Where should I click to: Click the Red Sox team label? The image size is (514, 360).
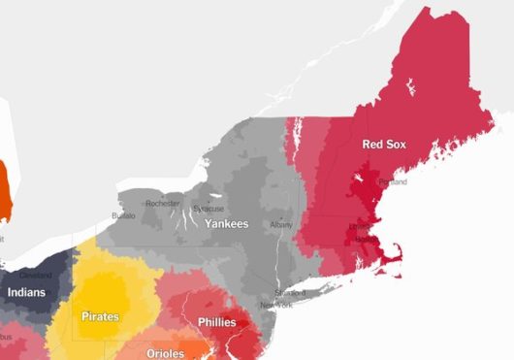383,145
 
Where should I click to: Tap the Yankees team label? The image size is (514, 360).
226,224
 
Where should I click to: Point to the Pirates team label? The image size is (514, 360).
101,317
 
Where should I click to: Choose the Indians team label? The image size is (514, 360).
25,291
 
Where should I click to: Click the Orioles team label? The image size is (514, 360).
165,353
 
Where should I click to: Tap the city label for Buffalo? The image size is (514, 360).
124,215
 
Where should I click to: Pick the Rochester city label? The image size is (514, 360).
163,203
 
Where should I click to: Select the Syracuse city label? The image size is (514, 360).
208,209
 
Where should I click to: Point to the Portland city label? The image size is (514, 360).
392,182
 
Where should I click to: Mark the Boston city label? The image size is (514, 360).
367,237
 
